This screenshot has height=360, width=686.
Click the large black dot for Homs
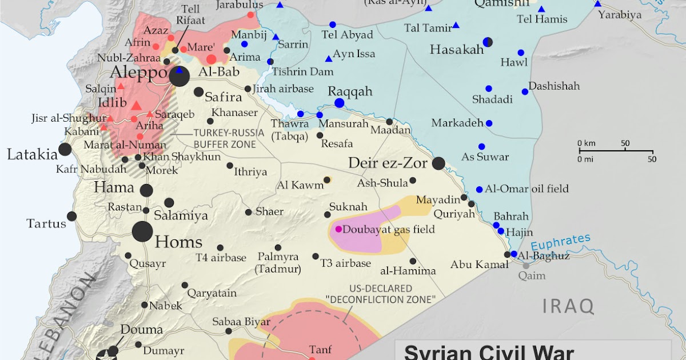(x=142, y=232)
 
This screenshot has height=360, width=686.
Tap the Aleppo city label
(x=139, y=74)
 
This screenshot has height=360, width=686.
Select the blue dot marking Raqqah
(x=340, y=103)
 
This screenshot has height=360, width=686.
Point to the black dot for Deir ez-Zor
(x=438, y=163)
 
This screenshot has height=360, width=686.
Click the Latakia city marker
(x=65, y=150)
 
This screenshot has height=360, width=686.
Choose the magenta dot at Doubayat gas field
(x=338, y=229)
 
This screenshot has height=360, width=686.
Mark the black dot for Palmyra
(x=278, y=247)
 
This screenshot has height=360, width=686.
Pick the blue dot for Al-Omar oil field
(x=479, y=190)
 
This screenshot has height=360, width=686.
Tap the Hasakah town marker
(x=488, y=42)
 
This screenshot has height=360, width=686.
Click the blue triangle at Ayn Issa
(x=328, y=59)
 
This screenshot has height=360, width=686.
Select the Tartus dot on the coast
(x=71, y=216)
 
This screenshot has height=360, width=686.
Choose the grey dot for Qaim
(x=526, y=265)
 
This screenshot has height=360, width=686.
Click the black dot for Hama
(x=146, y=191)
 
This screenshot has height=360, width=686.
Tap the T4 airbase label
(x=221, y=258)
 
